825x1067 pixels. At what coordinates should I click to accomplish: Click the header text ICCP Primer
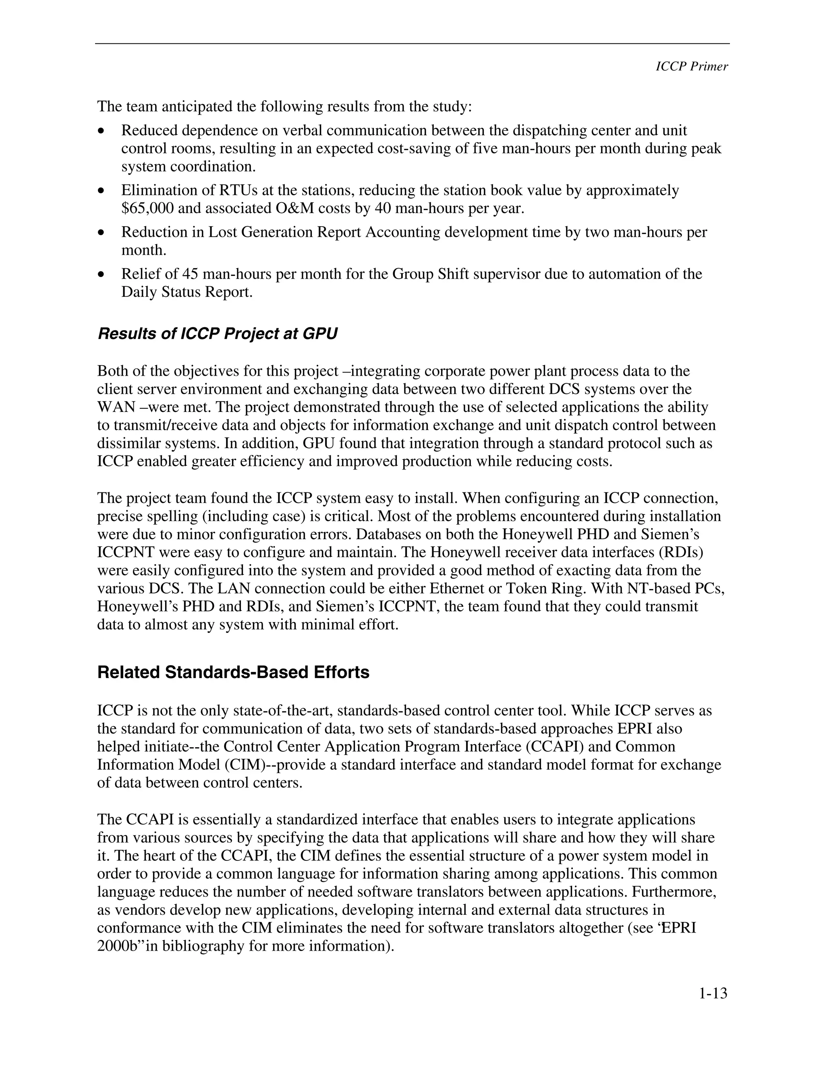(691, 67)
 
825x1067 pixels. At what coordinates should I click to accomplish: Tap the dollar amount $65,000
(147, 209)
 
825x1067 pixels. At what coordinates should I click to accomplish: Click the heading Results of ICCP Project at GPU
(218, 334)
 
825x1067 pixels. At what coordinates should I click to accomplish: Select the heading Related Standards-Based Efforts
(233, 672)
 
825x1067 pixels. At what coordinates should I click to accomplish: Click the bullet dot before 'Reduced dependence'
(101, 131)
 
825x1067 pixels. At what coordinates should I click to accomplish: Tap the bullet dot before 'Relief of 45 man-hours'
(101, 275)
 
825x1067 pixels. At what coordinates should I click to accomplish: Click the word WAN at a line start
(112, 407)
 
